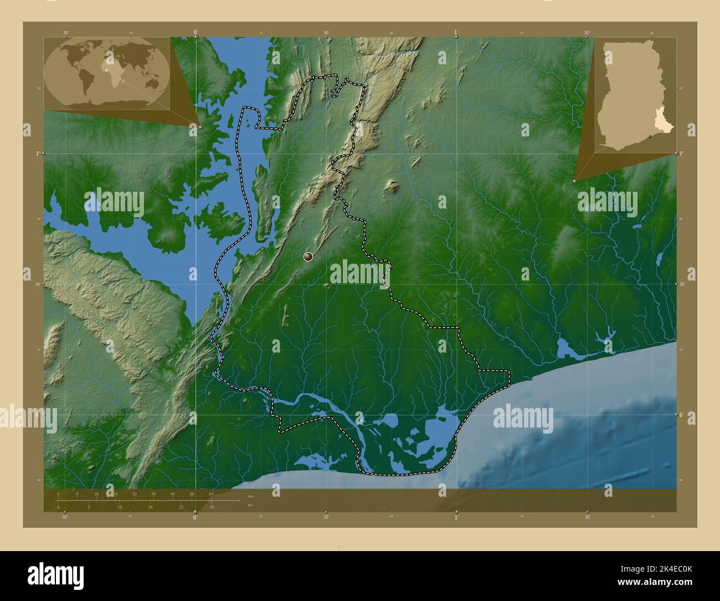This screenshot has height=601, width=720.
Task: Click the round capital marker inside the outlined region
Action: [x=308, y=256]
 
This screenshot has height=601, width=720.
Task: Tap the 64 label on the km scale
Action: [x=211, y=493]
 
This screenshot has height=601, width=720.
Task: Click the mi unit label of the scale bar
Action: [x=250, y=505]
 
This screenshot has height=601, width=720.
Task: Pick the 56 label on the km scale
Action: [x=192, y=493]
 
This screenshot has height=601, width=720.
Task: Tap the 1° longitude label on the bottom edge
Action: [x=456, y=517]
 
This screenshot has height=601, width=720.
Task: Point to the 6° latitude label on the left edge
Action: [x=38, y=414]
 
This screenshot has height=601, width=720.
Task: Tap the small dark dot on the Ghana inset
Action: [x=649, y=136]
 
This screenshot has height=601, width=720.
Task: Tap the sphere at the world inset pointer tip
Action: [x=200, y=127]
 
